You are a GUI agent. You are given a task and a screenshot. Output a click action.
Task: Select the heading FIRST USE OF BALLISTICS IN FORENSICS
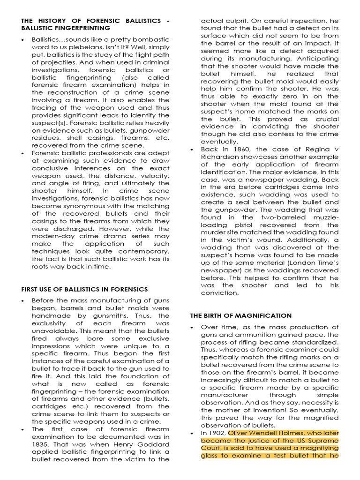[x=85, y=289]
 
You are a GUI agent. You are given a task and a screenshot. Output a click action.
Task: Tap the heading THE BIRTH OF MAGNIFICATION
[x=240, y=315]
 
